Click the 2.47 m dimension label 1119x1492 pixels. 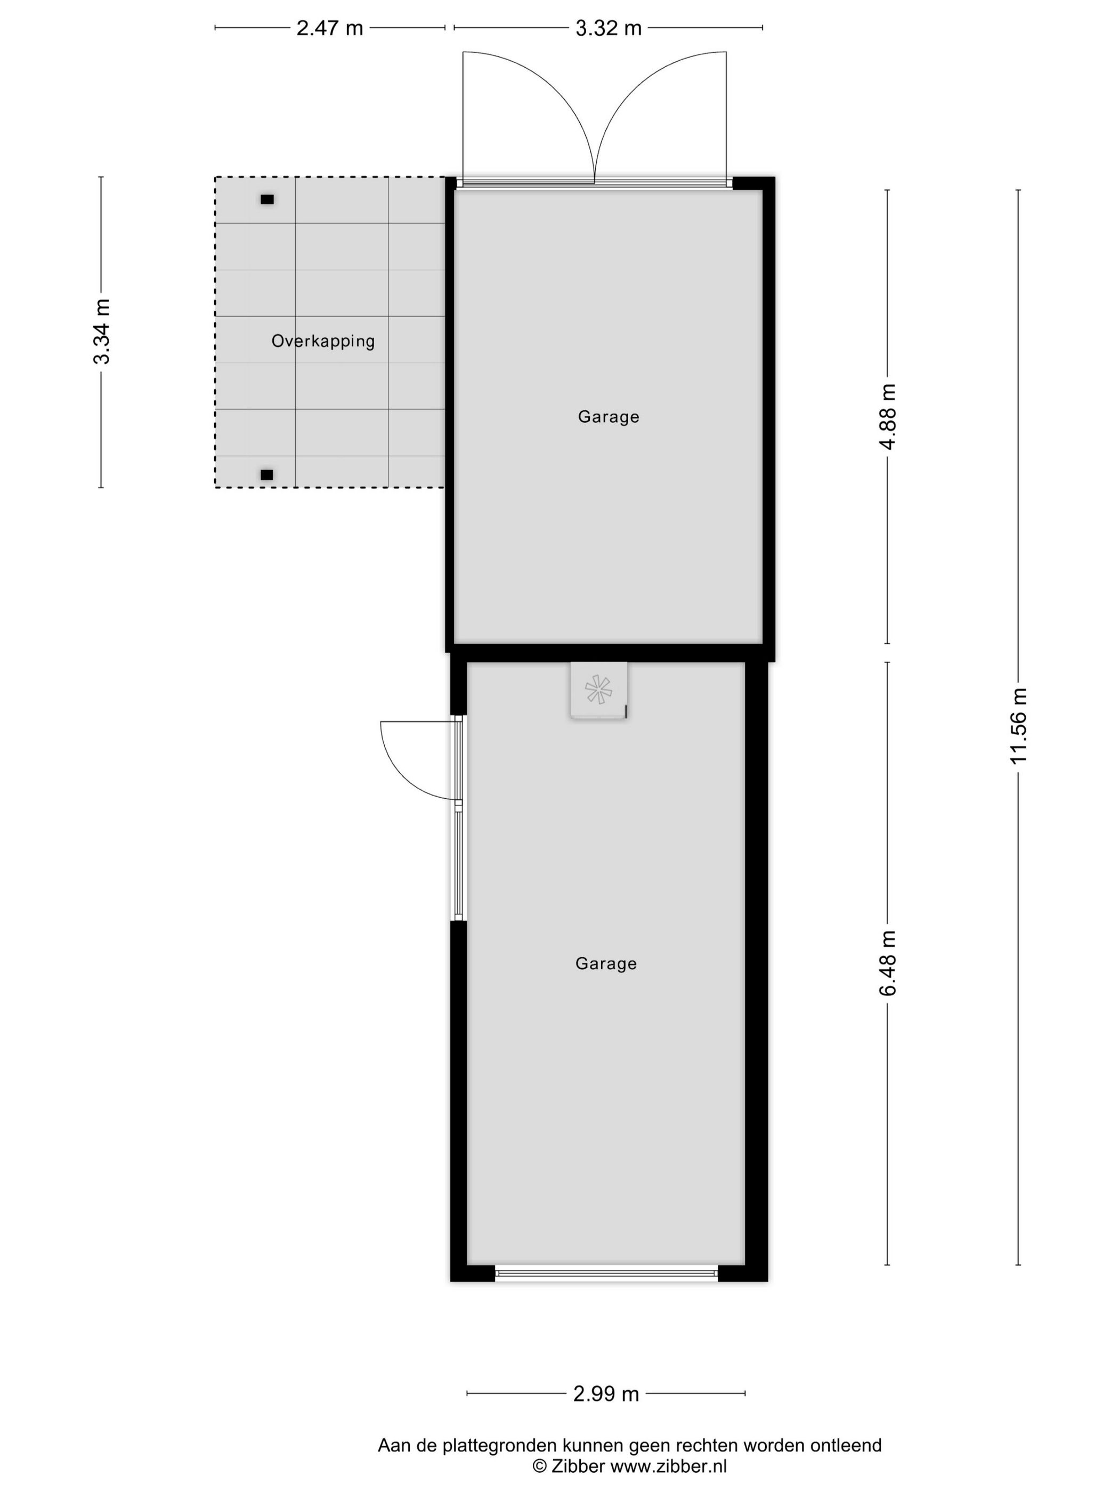329,28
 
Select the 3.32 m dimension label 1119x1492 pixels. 608,28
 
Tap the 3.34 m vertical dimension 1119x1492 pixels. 102,331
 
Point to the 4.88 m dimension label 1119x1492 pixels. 888,416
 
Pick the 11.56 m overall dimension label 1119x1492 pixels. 1018,726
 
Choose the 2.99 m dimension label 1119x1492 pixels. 606,1393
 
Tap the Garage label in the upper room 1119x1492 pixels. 609,416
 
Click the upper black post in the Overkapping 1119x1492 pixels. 267,199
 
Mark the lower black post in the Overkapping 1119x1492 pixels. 267,475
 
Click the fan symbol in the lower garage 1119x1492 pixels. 598,690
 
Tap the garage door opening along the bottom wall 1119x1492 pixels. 606,1273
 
